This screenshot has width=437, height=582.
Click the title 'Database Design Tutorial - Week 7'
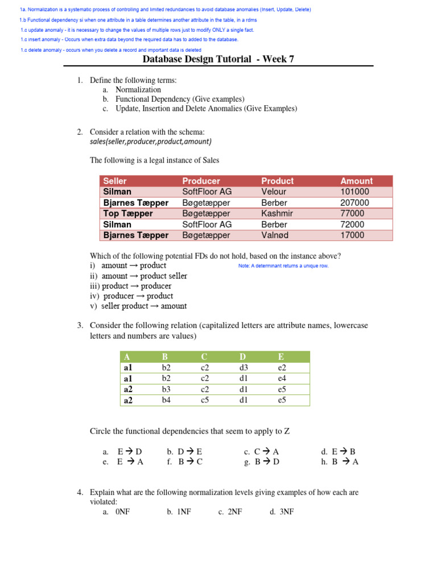[218, 59]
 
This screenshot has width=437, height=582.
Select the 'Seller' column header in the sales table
[115, 181]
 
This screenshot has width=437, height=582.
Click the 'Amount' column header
[356, 181]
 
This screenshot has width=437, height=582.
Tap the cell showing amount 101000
[354, 192]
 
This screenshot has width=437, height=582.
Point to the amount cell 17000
[352, 235]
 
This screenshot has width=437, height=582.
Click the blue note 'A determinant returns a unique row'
[283, 266]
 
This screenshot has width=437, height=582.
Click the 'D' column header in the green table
[242, 357]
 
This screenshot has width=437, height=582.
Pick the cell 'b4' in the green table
[166, 400]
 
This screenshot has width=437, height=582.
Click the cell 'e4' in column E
[282, 379]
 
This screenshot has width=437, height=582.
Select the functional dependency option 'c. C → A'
[261, 452]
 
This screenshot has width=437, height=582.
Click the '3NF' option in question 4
[282, 512]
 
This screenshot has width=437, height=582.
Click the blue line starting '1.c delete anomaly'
[110, 50]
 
